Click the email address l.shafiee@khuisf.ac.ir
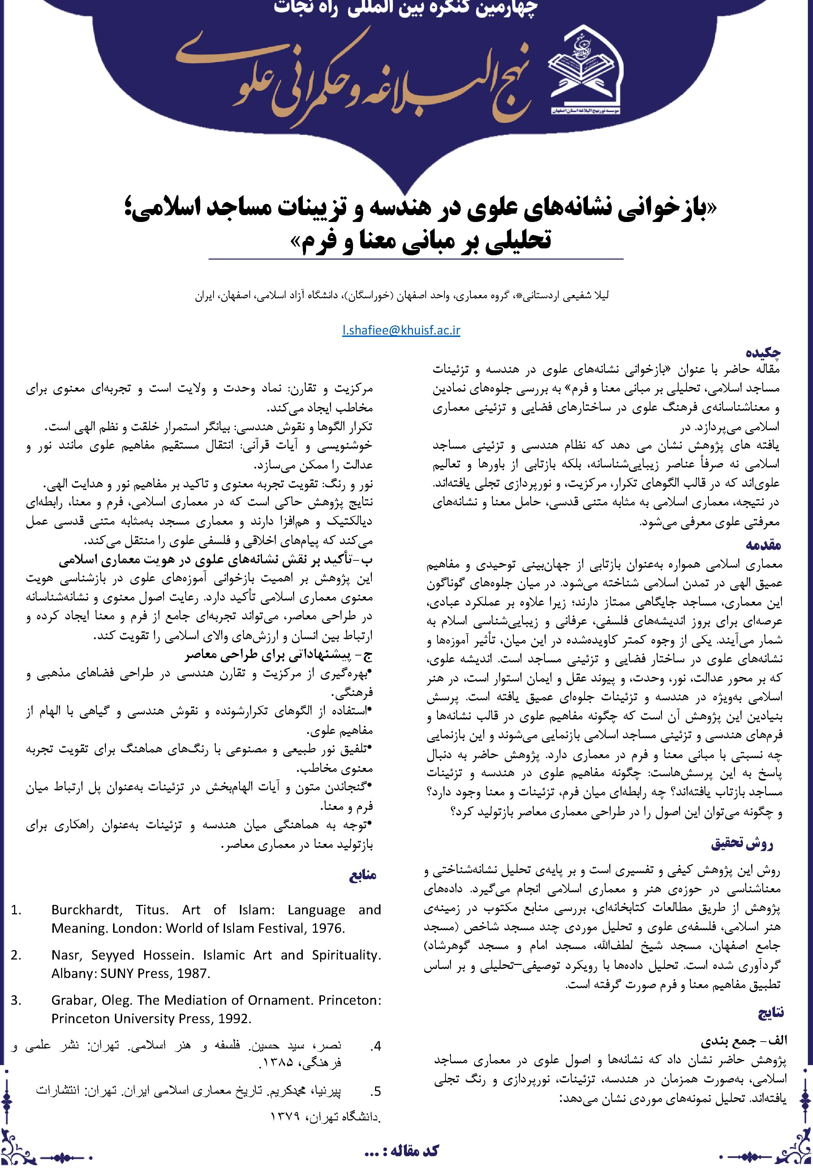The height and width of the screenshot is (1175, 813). click(x=401, y=330)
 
